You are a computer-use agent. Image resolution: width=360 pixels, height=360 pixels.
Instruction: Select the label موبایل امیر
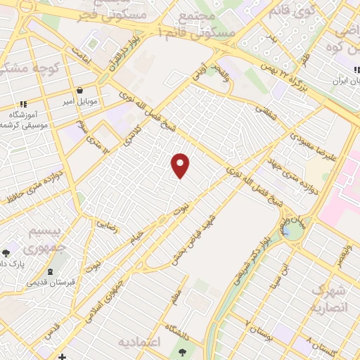coord(82,102)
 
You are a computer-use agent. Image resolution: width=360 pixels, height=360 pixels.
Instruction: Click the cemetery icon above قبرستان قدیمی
coord(50,272)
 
